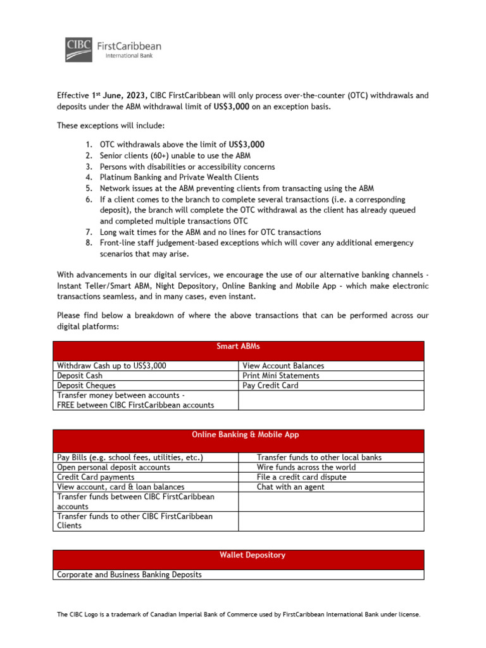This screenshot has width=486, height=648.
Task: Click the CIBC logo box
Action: pyautogui.click(x=78, y=49)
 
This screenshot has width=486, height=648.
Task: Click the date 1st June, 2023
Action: pyautogui.click(x=120, y=96)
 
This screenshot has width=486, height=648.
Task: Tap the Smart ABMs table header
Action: pyautogui.click(x=239, y=347)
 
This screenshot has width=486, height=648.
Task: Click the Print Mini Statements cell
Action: pyautogui.click(x=280, y=375)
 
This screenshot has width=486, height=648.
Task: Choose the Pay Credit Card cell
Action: pyautogui.click(x=270, y=385)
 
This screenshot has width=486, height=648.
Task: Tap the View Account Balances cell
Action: pyautogui.click(x=283, y=366)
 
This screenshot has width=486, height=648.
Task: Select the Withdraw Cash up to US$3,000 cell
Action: pyautogui.click(x=112, y=366)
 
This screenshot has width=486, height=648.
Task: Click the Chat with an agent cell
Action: pyautogui.click(x=290, y=487)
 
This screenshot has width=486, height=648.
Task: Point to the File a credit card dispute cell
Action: pyautogui.click(x=301, y=477)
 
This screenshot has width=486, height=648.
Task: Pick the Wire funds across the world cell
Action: pyautogui.click(x=306, y=467)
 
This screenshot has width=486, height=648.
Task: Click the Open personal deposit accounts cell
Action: pyautogui.click(x=114, y=467)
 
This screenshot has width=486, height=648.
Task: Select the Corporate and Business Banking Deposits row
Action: pyautogui.click(x=129, y=575)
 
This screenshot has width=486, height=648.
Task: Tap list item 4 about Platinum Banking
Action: pyautogui.click(x=179, y=178)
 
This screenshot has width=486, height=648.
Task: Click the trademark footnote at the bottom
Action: pyautogui.click(x=239, y=614)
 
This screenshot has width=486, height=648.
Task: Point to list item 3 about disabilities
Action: pyautogui.click(x=187, y=166)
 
